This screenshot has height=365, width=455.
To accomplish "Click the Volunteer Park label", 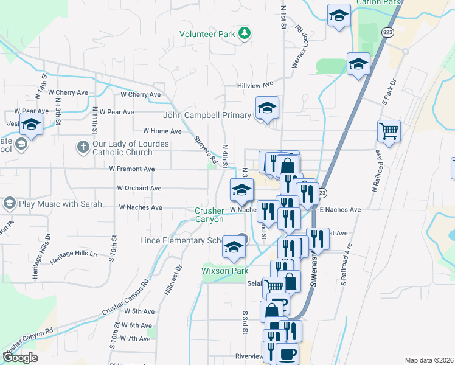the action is (x=207, y=35).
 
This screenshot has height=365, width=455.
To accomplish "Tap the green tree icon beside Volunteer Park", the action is (x=244, y=33).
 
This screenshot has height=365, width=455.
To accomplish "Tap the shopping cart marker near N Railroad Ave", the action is (x=388, y=131).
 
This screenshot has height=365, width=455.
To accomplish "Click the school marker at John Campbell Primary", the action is (x=266, y=109).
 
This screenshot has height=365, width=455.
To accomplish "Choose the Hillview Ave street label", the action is (x=255, y=85).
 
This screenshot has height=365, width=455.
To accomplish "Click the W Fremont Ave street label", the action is (x=133, y=169).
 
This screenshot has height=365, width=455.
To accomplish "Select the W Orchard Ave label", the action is (x=139, y=189).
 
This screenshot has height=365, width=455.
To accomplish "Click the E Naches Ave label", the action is (x=340, y=210).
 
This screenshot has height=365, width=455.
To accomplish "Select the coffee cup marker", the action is (x=287, y=353).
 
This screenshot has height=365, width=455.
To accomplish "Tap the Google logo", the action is (x=20, y=358).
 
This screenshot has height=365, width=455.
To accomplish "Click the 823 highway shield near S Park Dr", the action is (x=387, y=31).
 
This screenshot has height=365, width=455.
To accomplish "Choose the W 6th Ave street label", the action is (x=136, y=325).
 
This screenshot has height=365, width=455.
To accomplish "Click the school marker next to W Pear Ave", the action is (x=30, y=126).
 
